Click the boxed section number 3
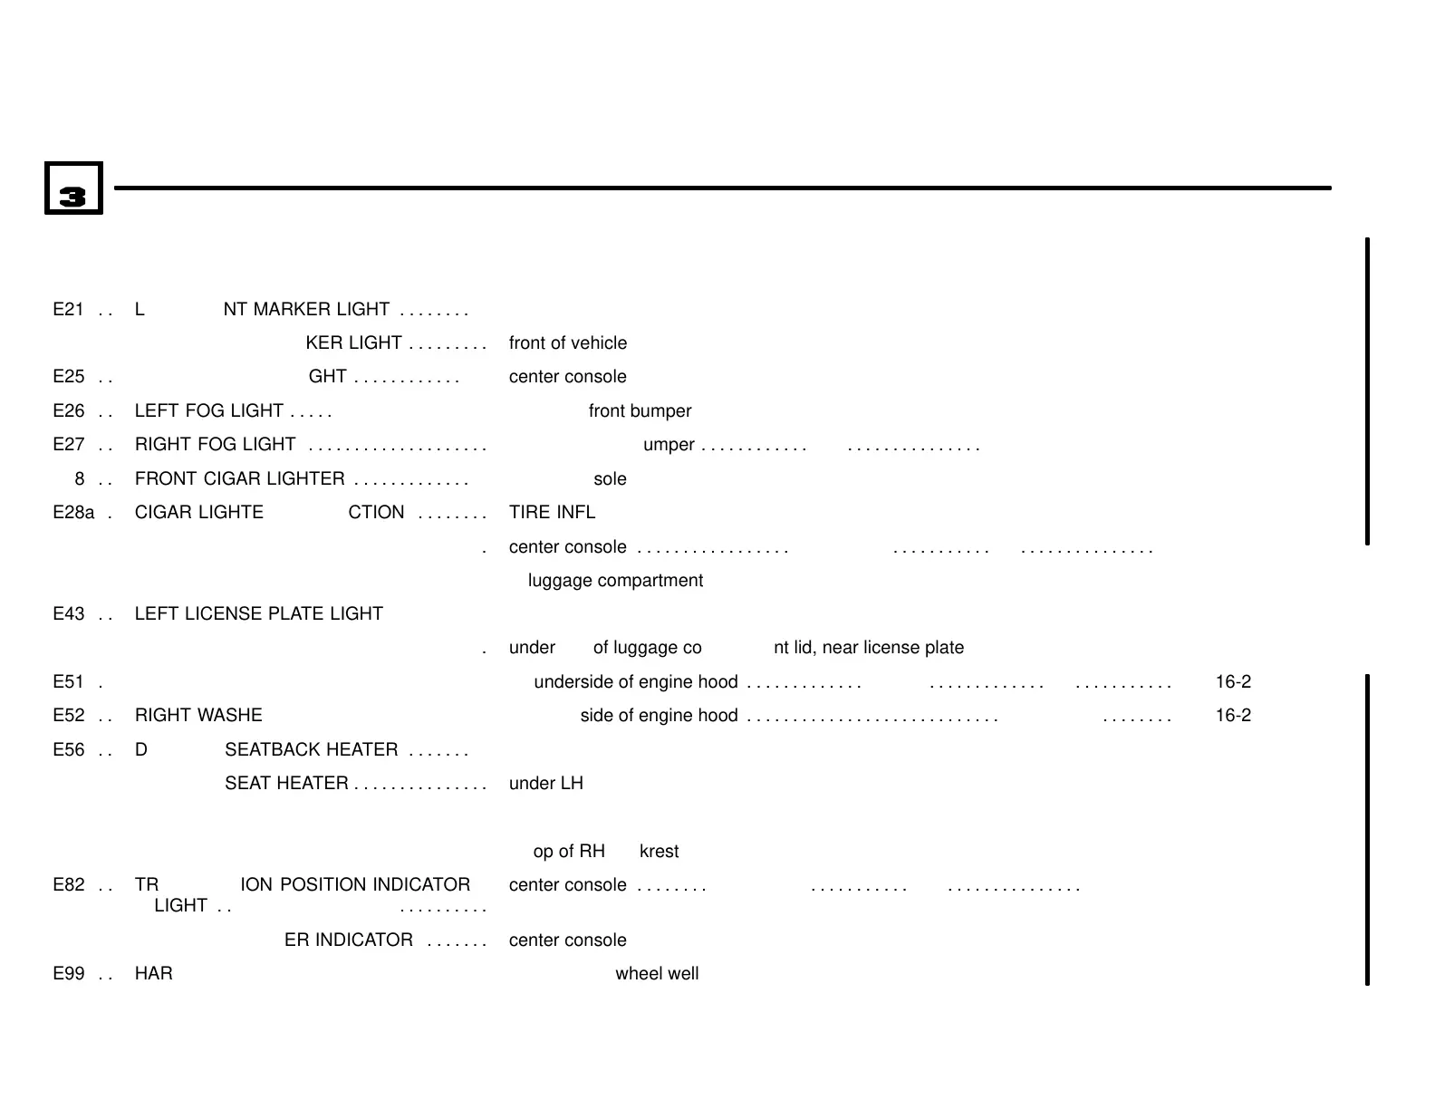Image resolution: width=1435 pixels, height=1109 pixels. (x=73, y=188)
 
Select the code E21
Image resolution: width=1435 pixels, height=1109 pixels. (x=68, y=310)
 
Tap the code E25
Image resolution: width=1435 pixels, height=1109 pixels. (x=68, y=377)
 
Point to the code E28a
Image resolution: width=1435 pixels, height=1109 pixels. (x=73, y=513)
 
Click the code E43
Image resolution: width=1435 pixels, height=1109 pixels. (x=68, y=614)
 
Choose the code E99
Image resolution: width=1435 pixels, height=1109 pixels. (x=68, y=974)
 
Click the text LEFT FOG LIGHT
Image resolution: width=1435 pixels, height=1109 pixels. (x=208, y=411)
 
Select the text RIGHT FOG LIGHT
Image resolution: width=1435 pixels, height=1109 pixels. (x=215, y=445)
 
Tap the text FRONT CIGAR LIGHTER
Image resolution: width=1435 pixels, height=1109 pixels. (x=239, y=479)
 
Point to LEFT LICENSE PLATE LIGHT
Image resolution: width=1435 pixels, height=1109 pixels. (x=258, y=614)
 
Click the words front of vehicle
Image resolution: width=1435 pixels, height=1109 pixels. (x=567, y=343)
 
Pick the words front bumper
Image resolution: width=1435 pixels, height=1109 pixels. (x=640, y=411)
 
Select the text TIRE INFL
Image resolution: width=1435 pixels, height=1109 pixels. (x=552, y=513)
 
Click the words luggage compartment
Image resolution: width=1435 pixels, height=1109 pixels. (x=615, y=581)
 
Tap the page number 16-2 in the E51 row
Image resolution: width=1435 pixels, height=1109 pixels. (x=1233, y=682)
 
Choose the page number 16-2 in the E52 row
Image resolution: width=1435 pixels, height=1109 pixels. (x=1233, y=716)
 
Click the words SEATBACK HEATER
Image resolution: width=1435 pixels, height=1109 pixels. (x=311, y=750)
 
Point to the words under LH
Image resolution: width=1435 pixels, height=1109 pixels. (x=545, y=784)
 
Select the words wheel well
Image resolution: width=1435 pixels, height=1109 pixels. (x=657, y=974)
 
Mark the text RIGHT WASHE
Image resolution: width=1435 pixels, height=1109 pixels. (x=198, y=716)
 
